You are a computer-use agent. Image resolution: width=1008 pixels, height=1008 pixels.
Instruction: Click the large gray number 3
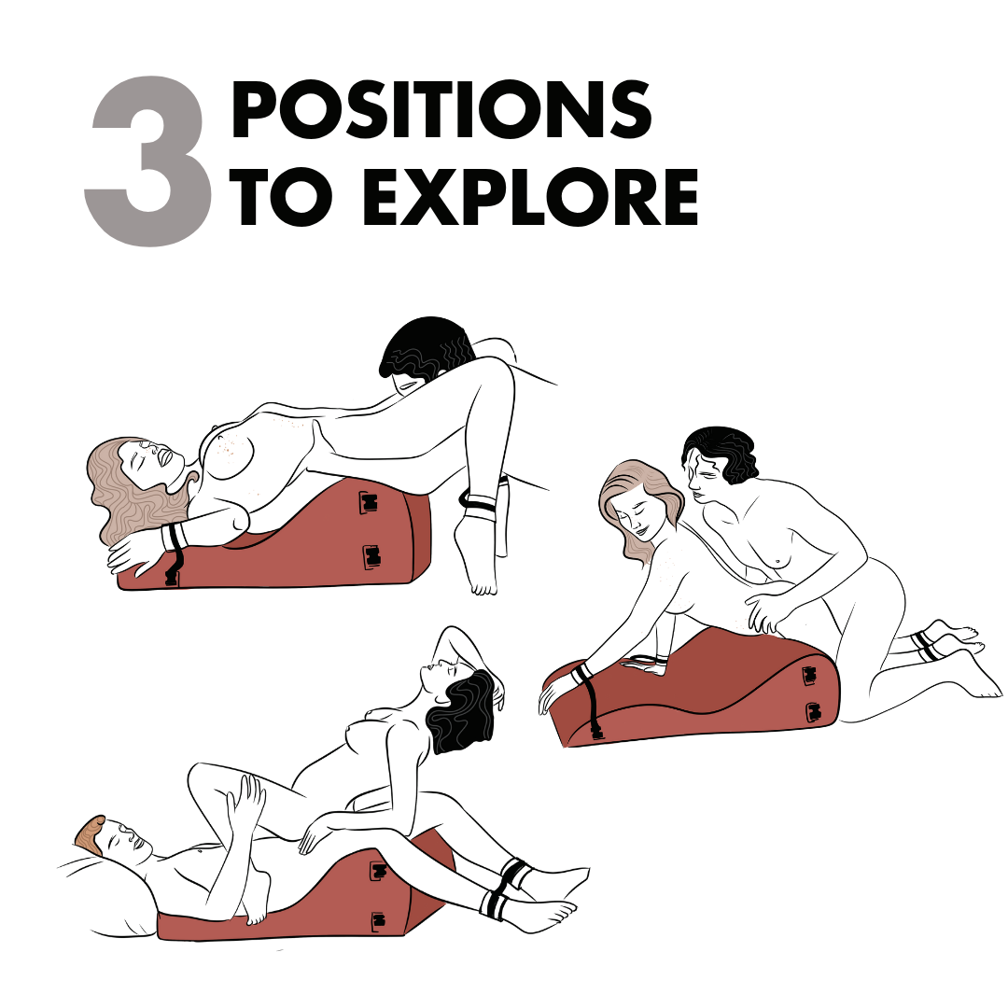click(147, 161)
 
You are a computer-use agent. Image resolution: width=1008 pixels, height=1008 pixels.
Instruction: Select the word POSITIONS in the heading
click(441, 109)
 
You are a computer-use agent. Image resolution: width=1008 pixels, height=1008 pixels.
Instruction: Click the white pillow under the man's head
click(103, 893)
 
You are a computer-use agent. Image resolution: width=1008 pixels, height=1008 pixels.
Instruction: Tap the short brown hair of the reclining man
click(90, 834)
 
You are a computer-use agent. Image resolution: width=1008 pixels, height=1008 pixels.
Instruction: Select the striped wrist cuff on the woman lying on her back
click(173, 537)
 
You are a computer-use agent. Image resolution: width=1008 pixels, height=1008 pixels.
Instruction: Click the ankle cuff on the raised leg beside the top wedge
click(479, 500)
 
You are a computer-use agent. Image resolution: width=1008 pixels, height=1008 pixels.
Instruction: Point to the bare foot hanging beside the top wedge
click(476, 553)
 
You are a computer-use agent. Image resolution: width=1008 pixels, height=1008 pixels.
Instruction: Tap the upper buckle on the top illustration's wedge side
click(368, 501)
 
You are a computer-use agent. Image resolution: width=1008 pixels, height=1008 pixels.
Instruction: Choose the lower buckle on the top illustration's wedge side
click(371, 556)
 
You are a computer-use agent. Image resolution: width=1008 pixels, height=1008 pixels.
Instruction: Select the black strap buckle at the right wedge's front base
click(597, 731)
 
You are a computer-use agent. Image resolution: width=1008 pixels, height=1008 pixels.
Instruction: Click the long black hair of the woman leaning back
click(463, 710)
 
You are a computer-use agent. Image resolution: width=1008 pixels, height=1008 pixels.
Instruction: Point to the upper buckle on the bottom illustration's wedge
click(378, 871)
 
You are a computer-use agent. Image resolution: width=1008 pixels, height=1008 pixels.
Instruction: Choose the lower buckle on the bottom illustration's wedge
click(379, 922)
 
